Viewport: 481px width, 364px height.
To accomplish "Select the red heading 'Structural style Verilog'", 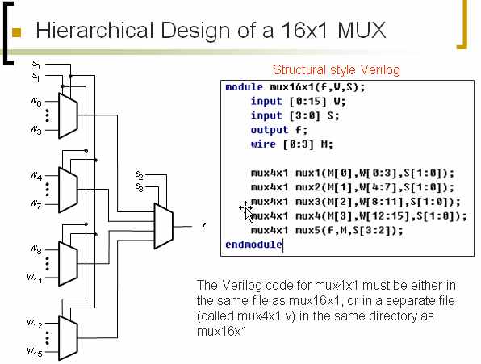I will click(x=336, y=70).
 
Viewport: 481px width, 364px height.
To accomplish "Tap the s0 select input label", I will click(x=36, y=63).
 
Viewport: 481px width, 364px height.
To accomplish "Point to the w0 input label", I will click(x=36, y=102).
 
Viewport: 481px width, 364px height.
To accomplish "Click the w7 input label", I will click(x=36, y=203).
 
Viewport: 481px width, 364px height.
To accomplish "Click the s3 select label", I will click(x=140, y=187).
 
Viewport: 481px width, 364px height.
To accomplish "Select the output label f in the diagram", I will click(x=203, y=227).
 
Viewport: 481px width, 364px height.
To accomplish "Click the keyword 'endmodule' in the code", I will click(x=253, y=244).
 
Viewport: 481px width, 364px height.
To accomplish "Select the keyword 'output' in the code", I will click(x=269, y=129).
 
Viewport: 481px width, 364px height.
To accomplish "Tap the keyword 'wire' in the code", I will click(x=263, y=144).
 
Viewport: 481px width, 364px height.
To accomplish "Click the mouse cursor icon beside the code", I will click(x=246, y=210).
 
